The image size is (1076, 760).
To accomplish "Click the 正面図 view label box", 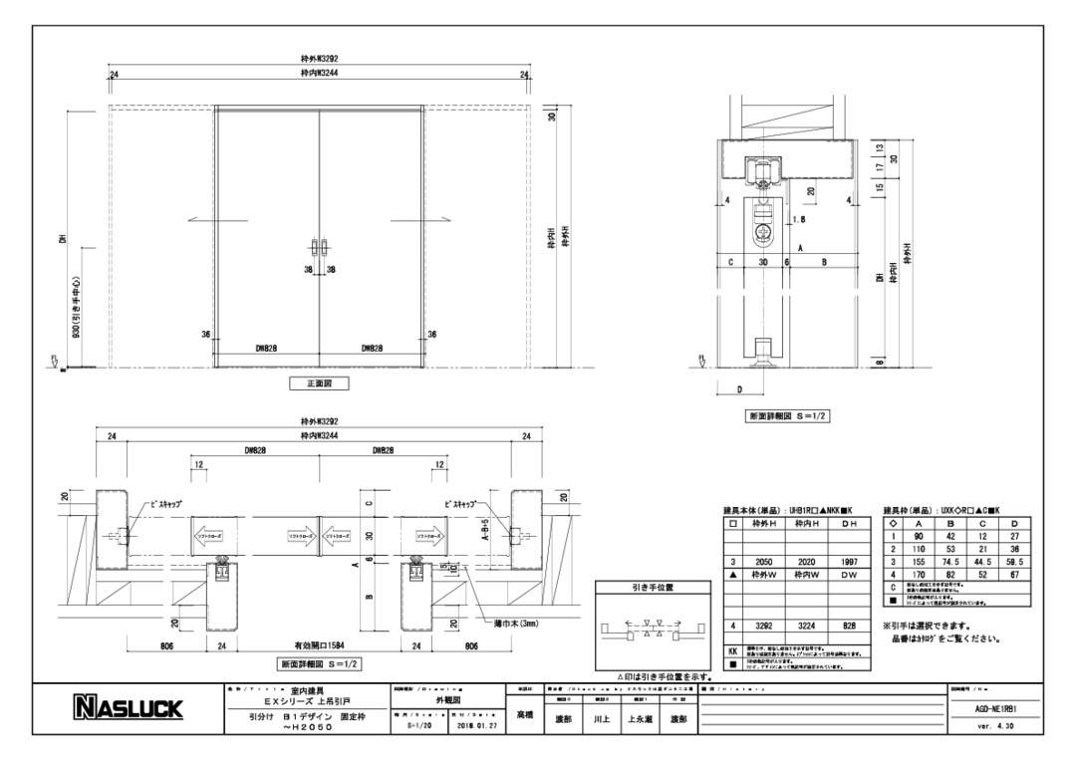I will [318, 381].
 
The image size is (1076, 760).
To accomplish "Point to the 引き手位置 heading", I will [653, 588].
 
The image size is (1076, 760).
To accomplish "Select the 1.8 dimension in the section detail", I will [797, 220].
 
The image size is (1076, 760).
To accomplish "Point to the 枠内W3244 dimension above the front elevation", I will [319, 73].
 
